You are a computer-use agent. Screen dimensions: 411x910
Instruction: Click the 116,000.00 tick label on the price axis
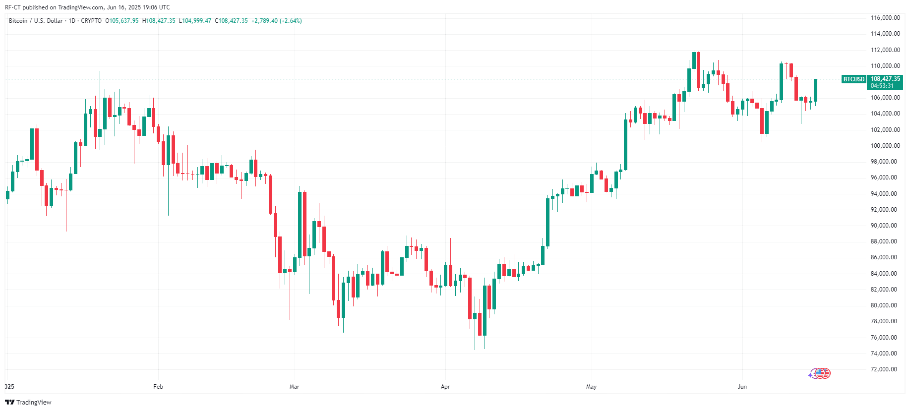[885, 18]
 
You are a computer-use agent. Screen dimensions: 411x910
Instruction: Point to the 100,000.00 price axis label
[885, 146]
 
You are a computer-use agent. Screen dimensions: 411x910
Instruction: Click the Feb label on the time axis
[158, 387]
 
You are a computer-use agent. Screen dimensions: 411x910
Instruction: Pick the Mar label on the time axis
[295, 387]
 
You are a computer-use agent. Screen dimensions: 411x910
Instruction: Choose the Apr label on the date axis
[445, 387]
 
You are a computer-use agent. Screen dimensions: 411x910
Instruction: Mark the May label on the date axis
[591, 387]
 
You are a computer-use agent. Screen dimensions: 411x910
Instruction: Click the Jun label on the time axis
[742, 387]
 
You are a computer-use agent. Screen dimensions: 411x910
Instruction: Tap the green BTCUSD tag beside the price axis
[854, 79]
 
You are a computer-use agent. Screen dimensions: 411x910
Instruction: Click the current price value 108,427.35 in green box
[885, 79]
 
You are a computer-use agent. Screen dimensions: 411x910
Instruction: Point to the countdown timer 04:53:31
[882, 86]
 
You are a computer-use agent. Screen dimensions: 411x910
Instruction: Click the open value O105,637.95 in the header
[122, 21]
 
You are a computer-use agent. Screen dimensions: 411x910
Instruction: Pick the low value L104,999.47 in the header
[195, 21]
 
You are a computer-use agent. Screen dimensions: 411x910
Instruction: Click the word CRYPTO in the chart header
[91, 21]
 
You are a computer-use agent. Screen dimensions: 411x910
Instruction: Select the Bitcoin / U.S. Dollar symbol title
[36, 21]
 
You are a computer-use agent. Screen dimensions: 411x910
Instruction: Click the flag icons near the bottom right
[820, 373]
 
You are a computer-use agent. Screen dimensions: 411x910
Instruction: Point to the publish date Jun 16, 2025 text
[124, 7]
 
